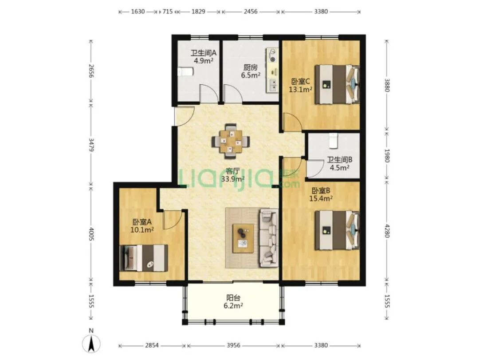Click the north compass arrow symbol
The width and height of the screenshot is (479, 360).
pyautogui.click(x=91, y=343)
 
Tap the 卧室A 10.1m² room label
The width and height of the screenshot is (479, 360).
pyautogui.click(x=142, y=226)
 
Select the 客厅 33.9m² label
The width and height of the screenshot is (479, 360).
pyautogui.click(x=232, y=175)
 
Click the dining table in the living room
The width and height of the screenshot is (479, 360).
pyautogui.click(x=231, y=141)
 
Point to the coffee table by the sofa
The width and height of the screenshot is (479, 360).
pyautogui.click(x=243, y=238)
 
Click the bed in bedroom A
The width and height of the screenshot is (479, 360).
pyautogui.click(x=144, y=258)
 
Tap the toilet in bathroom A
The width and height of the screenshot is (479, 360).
pyautogui.click(x=185, y=72)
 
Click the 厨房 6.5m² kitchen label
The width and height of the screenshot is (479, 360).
pyautogui.click(x=251, y=71)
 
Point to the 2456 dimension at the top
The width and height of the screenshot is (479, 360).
pyautogui.click(x=250, y=12)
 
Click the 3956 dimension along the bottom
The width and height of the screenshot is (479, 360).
pyautogui.click(x=233, y=345)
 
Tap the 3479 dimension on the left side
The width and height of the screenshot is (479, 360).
pyautogui.click(x=91, y=145)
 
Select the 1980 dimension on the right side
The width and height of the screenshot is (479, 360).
pyautogui.click(x=387, y=156)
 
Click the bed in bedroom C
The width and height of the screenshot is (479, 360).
pyautogui.click(x=337, y=84)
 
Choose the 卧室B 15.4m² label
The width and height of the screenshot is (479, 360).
pyautogui.click(x=321, y=194)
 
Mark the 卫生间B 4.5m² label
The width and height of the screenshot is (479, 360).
pyautogui.click(x=340, y=164)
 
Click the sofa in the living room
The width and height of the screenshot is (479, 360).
pyautogui.click(x=269, y=237)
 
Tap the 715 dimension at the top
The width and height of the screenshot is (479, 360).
pyautogui.click(x=167, y=12)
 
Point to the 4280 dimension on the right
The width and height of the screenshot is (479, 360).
pyautogui.click(x=387, y=231)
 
